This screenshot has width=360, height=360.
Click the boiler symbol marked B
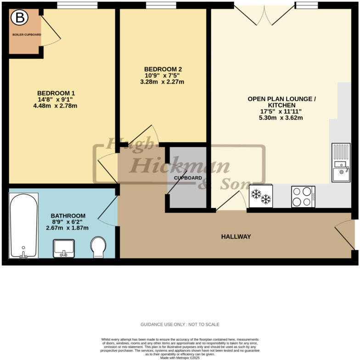(x=20, y=18)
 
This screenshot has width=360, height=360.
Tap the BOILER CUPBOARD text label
(x=26, y=34)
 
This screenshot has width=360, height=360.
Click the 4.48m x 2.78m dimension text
(x=55, y=106)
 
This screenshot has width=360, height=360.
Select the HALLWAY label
(x=236, y=236)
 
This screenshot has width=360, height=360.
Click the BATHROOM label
(x=68, y=215)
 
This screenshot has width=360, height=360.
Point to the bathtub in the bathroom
(x=23, y=225)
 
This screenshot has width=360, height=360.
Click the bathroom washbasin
(x=64, y=248)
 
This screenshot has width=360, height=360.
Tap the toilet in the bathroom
(x=98, y=247)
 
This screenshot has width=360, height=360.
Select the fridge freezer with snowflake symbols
(x=261, y=196)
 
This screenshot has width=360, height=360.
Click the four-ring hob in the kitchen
(x=303, y=196)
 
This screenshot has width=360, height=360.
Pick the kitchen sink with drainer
(x=340, y=163)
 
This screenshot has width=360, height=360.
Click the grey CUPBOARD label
(x=188, y=178)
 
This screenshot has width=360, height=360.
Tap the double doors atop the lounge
(x=264, y=14)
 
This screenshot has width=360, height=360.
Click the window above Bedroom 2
(x=161, y=6)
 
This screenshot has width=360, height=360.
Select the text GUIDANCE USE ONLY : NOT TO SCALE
(x=180, y=324)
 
